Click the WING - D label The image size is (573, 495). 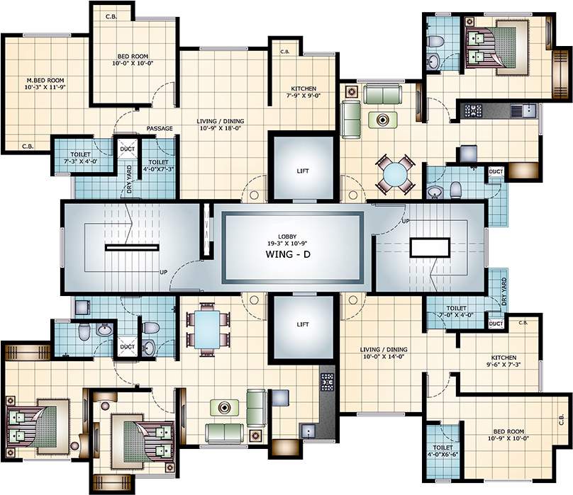click(x=288, y=254)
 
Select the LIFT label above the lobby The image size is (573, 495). click(x=303, y=171)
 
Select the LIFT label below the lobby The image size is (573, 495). click(x=303, y=324)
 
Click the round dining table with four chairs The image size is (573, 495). click(x=395, y=174)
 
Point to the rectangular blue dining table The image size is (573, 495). click(x=207, y=329)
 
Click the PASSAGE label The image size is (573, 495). click(x=160, y=128)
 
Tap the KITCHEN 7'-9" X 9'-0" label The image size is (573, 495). click(x=304, y=92)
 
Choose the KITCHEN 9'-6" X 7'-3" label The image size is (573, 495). click(x=504, y=361)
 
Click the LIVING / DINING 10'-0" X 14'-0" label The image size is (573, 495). click(x=384, y=353)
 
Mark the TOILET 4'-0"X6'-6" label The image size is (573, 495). click(x=443, y=451)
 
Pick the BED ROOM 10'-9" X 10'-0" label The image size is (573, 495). click(x=508, y=435)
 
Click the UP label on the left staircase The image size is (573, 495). click(x=163, y=272)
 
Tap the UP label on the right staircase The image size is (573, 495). click(x=406, y=221)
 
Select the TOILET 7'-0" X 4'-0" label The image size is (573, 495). click(x=456, y=312)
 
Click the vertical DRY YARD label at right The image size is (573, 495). click(x=504, y=291)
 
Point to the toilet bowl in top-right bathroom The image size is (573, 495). click(x=435, y=41)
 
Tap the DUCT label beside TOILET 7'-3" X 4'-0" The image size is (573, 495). click(x=127, y=149)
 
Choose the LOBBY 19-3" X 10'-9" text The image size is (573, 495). click(x=287, y=240)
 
